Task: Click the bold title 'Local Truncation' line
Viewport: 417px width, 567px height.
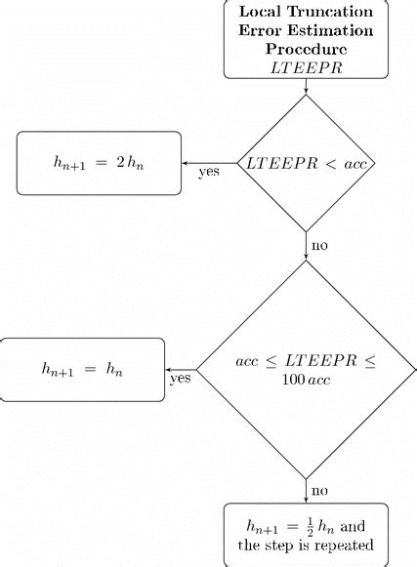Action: point(307,13)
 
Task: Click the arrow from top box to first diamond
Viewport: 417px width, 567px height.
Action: point(307,87)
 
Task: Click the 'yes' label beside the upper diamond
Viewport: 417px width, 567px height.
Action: point(208,173)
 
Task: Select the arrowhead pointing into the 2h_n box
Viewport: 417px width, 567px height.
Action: point(187,162)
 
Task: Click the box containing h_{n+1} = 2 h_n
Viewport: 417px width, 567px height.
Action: point(100,162)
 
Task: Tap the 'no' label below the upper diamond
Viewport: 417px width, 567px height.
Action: point(319,243)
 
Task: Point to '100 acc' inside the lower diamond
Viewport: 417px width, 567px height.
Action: point(307,381)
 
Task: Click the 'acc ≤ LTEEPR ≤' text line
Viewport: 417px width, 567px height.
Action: point(307,361)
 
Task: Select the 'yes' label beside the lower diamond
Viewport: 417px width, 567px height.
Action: point(180,378)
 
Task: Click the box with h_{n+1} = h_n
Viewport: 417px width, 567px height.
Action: point(83,369)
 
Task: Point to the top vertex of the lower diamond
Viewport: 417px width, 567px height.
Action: point(307,261)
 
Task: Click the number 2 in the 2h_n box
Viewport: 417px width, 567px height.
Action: point(120,162)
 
